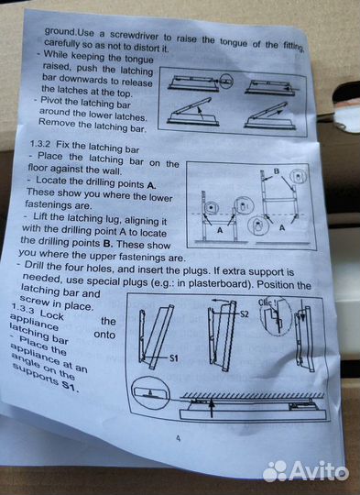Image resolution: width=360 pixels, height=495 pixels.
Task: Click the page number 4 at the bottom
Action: click(179, 438)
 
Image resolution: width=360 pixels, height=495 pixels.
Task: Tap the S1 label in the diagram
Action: click(174, 358)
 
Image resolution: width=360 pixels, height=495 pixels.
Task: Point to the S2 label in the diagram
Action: click(245, 313)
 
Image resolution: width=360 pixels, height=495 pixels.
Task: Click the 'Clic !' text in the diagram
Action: click(267, 302)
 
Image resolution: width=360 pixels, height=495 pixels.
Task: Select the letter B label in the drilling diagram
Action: click(277, 171)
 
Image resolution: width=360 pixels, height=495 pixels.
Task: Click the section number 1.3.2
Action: click(40, 144)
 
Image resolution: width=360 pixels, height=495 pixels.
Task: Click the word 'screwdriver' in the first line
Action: click(134, 35)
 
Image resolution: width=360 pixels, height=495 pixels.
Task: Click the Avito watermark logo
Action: click(305, 471)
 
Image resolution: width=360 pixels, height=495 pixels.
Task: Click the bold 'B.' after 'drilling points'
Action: click(108, 244)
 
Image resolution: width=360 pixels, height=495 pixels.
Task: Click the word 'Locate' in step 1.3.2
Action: click(51, 181)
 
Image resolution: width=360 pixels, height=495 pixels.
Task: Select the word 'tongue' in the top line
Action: click(234, 42)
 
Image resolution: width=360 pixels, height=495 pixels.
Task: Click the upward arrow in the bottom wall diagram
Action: click(211, 408)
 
